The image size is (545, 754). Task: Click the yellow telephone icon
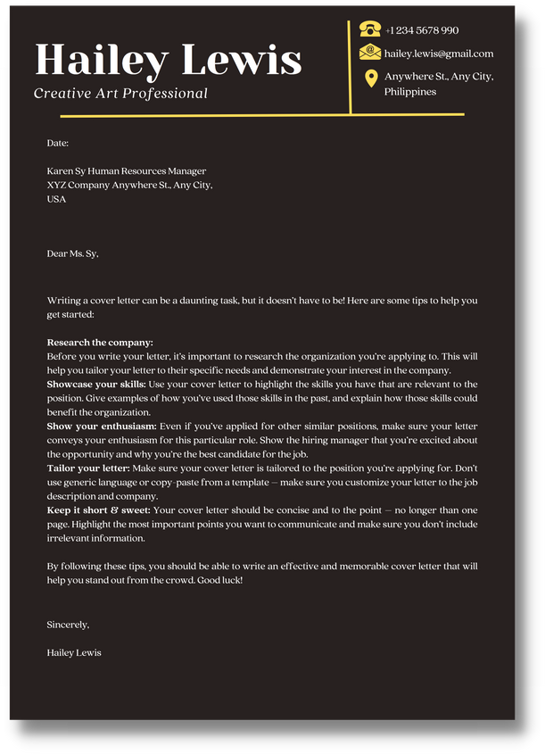click(x=370, y=29)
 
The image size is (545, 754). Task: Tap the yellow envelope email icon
click(x=370, y=54)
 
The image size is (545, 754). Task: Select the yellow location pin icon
click(x=371, y=79)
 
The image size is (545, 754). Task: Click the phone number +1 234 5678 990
click(x=422, y=30)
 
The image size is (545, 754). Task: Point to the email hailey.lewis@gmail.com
click(x=438, y=54)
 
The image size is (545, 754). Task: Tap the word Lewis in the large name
click(x=241, y=60)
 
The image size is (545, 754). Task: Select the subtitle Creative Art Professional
click(x=120, y=94)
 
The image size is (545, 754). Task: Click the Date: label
click(x=58, y=143)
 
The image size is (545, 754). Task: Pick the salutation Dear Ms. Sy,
click(x=72, y=253)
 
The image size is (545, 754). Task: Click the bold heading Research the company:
click(x=100, y=342)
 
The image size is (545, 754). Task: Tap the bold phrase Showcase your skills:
click(x=95, y=384)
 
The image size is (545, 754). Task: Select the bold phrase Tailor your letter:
click(x=88, y=468)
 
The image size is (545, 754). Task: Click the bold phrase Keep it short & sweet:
click(x=98, y=510)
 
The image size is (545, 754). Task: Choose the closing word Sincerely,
click(x=68, y=625)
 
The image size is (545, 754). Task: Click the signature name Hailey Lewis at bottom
click(x=74, y=652)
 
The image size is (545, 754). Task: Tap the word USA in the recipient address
click(x=56, y=199)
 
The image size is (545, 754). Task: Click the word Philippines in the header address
click(x=410, y=92)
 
